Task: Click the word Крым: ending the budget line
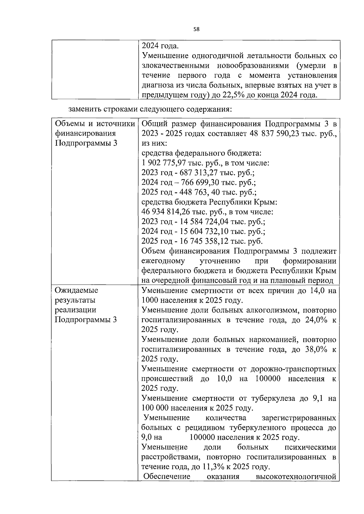pyautogui.click(x=266, y=202)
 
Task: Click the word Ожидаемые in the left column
pyautogui.click(x=76, y=290)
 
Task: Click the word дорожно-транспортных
pyautogui.click(x=293, y=369)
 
